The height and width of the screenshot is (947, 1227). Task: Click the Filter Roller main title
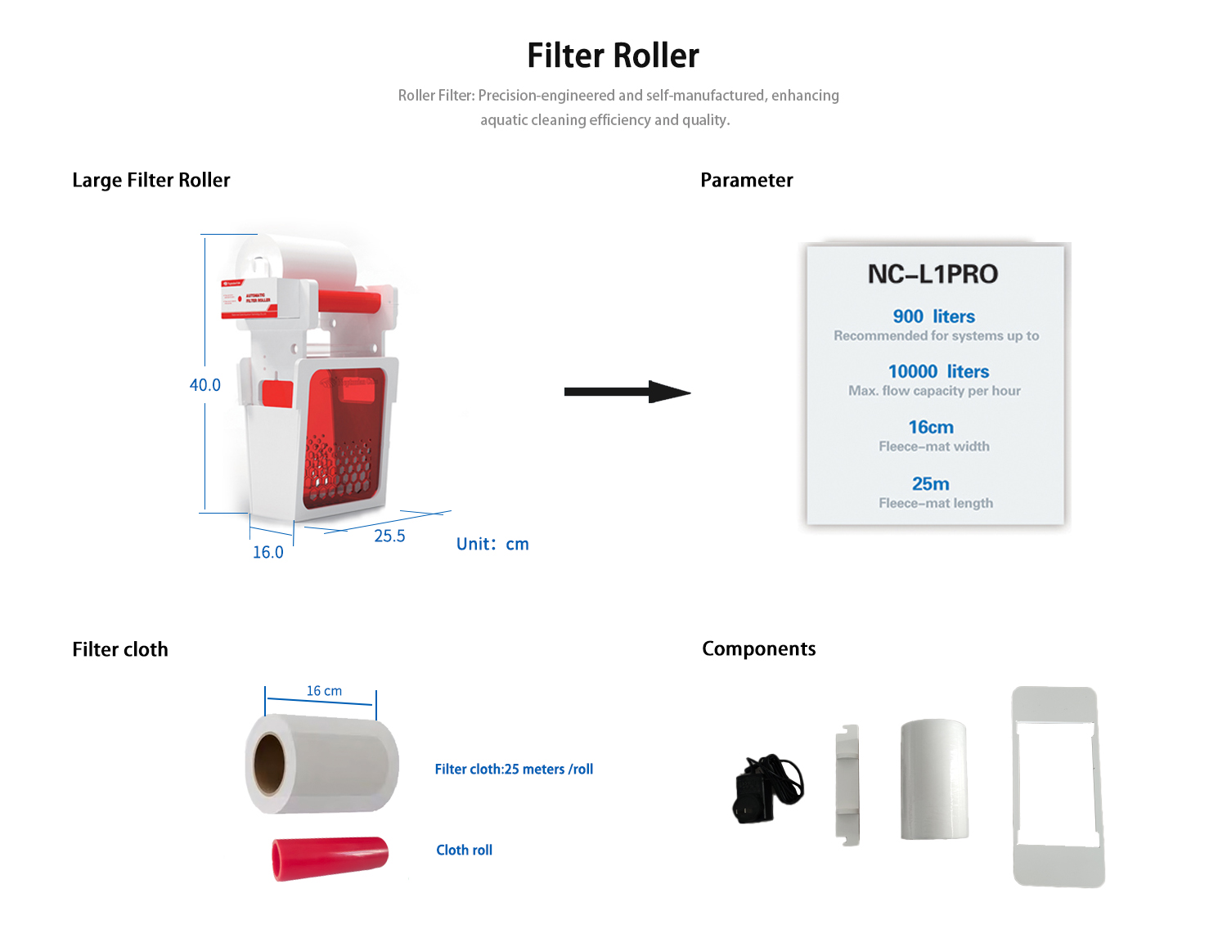tap(613, 56)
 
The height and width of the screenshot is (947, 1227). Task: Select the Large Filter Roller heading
tap(151, 180)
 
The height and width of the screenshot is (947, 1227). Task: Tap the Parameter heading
tap(746, 180)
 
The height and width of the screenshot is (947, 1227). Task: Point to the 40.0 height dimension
tap(205, 384)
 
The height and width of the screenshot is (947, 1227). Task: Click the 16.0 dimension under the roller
tap(267, 552)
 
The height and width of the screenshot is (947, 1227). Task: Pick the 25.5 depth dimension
tap(389, 536)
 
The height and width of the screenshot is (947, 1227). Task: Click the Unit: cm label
tap(492, 544)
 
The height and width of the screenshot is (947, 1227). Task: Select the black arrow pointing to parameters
tap(627, 392)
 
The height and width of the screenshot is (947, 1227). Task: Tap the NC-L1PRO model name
tap(933, 274)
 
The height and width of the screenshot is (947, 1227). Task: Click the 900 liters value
tap(934, 316)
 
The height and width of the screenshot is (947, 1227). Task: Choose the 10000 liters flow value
tap(938, 371)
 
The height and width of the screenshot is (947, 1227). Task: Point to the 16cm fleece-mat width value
tap(931, 427)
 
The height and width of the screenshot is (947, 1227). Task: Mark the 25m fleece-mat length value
tap(931, 484)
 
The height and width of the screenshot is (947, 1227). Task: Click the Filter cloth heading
tap(120, 649)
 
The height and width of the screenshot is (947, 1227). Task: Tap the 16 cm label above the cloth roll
tap(324, 691)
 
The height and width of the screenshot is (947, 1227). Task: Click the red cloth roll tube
tap(330, 857)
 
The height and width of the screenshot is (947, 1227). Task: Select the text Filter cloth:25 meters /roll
tap(514, 769)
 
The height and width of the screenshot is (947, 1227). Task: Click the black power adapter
tap(766, 789)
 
